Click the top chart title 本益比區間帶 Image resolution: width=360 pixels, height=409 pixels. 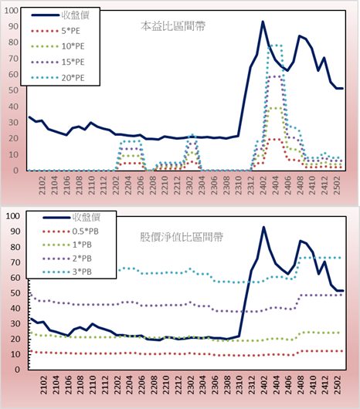(x=173, y=26)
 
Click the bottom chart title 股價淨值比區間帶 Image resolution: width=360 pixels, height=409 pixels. (x=182, y=238)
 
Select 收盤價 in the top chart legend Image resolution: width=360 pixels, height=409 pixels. (x=76, y=15)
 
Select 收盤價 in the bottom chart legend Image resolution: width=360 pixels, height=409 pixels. (x=87, y=217)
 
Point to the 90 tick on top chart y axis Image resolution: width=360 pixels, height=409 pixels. (x=13, y=26)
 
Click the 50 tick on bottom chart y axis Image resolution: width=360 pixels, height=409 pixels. (x=15, y=293)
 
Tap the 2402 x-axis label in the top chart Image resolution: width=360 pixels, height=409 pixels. (x=263, y=185)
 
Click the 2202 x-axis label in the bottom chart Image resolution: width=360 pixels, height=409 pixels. (x=117, y=385)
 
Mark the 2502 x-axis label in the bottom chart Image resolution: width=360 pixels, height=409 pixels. (x=338, y=385)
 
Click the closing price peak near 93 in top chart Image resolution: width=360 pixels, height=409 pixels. (x=263, y=22)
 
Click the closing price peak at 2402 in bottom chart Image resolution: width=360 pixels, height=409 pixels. (x=263, y=227)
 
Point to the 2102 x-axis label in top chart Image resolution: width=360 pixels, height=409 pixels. (x=42, y=185)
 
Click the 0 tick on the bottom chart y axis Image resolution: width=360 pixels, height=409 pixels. (x=17, y=370)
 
